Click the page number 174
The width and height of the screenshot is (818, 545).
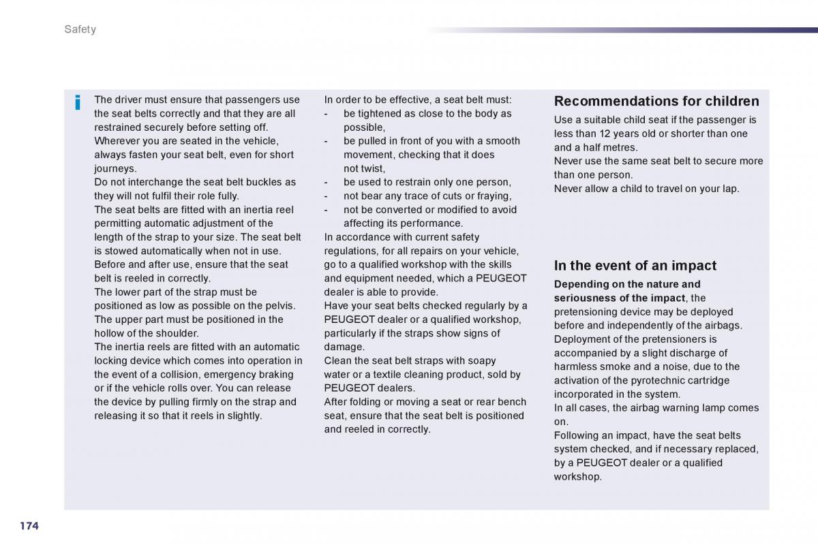29,525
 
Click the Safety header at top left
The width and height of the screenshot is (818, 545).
80,29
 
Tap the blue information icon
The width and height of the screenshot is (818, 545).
78,103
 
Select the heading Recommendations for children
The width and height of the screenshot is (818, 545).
656,102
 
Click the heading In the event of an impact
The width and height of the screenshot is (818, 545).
635,266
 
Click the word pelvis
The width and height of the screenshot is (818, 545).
279,306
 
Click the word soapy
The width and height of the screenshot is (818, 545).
481,360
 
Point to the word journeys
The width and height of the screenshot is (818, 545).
115,168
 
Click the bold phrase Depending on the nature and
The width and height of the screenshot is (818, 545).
626,284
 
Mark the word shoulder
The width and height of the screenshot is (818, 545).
176,333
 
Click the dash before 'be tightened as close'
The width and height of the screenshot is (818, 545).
327,114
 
